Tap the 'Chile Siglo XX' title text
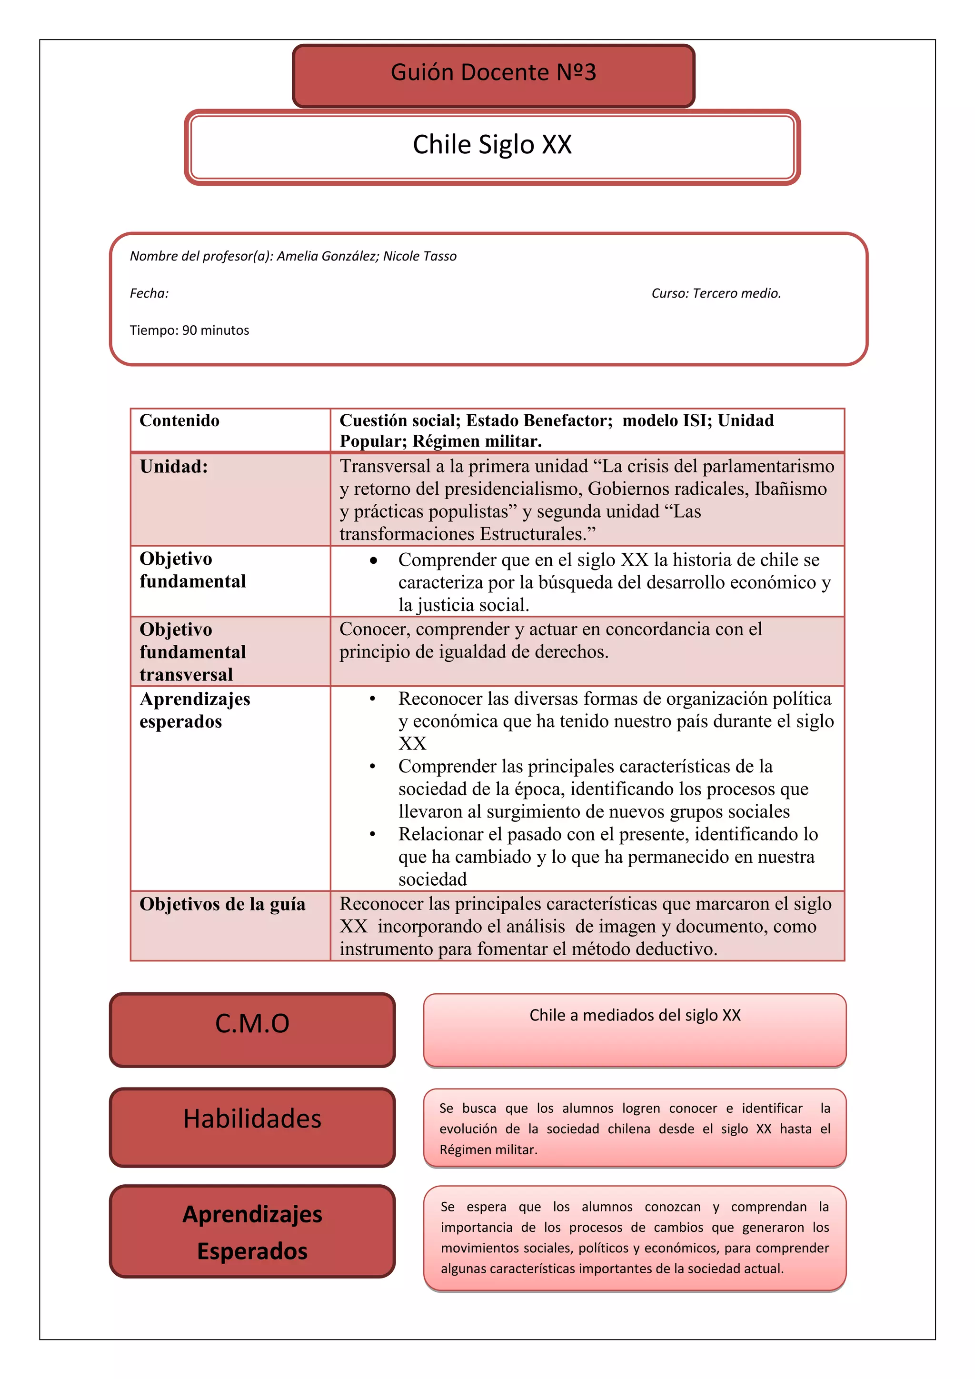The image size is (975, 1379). coord(492,145)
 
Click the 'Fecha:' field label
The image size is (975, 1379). coord(149,294)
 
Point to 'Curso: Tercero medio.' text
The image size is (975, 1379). coord(716,294)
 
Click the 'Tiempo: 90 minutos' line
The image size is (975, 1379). coord(189,330)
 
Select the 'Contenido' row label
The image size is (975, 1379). coord(179,420)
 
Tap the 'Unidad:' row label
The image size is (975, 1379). coord(173,467)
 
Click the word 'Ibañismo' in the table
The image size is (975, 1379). coord(791,489)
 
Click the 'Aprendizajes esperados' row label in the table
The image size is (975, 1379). coord(195,710)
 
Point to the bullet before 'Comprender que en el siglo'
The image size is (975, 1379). coord(373,560)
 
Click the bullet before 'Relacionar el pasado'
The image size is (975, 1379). coord(372,834)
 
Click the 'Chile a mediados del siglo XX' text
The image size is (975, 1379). coord(635,1016)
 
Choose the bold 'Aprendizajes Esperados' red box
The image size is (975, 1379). coord(252,1232)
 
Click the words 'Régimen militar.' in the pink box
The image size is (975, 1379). coord(488,1149)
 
